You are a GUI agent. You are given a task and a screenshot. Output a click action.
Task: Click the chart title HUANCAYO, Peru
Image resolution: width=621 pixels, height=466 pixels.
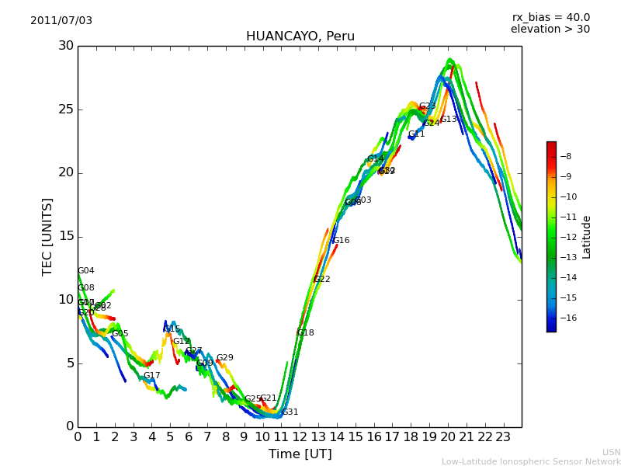(x=300, y=37)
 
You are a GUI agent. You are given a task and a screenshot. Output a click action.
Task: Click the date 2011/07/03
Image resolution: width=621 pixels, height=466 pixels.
(x=61, y=21)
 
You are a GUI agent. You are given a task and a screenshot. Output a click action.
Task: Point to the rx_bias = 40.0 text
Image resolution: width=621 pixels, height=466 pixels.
(x=550, y=18)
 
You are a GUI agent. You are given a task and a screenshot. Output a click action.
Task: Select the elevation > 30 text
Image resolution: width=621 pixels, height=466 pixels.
(x=550, y=30)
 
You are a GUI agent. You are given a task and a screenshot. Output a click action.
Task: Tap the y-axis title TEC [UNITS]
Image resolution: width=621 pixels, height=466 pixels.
(x=47, y=236)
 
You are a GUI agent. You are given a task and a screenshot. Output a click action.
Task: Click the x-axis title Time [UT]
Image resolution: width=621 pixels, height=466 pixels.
(x=300, y=454)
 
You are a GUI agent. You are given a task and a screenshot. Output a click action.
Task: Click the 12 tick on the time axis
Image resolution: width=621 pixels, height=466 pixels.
(x=300, y=436)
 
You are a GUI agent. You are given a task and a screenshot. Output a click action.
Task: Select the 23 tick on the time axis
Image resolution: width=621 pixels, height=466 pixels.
(x=503, y=436)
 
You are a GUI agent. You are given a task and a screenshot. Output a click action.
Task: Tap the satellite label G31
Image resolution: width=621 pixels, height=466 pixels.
(x=290, y=412)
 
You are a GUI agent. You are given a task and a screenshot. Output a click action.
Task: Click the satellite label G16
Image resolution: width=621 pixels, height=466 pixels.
(x=341, y=241)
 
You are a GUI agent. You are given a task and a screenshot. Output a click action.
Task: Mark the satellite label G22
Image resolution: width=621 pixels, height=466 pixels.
(x=321, y=280)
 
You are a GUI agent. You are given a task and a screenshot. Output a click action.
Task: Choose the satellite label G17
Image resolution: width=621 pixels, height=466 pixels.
(x=151, y=376)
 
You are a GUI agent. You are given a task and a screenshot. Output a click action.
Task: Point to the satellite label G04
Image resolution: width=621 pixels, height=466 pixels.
(x=85, y=271)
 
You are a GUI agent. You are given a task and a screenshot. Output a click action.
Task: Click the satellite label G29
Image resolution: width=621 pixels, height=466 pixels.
(x=224, y=358)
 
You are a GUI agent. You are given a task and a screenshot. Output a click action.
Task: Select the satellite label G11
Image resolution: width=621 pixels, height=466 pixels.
(x=416, y=134)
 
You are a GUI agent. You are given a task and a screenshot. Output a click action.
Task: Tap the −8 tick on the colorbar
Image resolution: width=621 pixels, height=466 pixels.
(x=566, y=156)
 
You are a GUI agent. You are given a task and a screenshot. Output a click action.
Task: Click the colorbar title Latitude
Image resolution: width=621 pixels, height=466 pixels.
(x=587, y=237)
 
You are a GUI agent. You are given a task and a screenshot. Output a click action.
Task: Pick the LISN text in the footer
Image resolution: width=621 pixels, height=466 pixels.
(x=611, y=452)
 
